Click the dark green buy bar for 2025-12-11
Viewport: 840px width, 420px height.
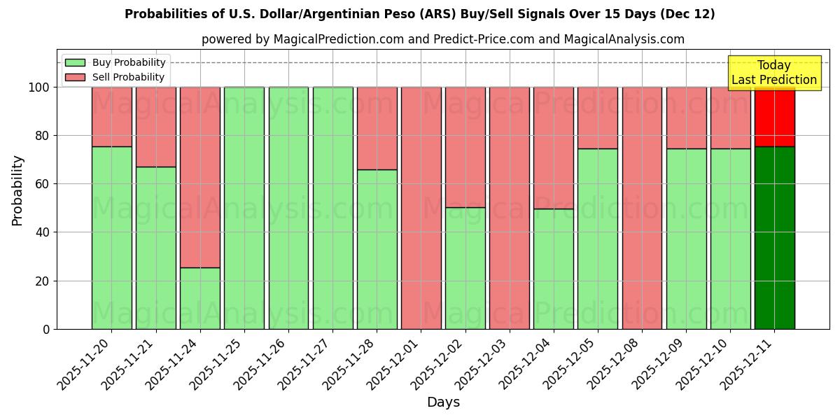(x=774, y=238)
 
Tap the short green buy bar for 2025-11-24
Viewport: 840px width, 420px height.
(x=200, y=298)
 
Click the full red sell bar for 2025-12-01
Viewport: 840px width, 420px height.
(x=421, y=208)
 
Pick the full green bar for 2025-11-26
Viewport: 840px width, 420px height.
(x=288, y=208)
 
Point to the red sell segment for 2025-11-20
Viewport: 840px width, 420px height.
(x=112, y=117)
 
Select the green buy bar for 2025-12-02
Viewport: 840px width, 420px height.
(x=465, y=268)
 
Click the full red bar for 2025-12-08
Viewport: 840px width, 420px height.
(x=642, y=208)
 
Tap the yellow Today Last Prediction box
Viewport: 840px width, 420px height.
(x=773, y=73)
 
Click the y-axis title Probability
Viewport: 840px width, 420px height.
(x=17, y=190)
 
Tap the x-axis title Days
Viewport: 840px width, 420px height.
(x=443, y=402)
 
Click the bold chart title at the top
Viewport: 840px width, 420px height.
(x=420, y=14)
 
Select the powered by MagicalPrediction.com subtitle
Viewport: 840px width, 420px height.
(x=443, y=39)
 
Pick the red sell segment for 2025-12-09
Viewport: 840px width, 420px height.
(x=686, y=118)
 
